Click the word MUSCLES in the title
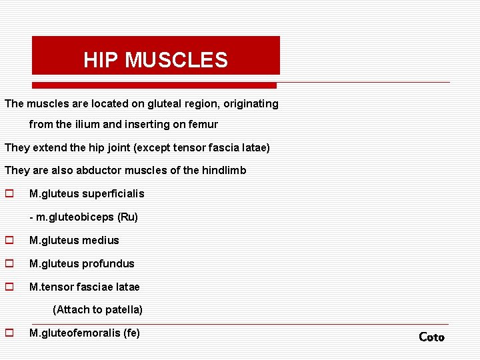pos(176,61)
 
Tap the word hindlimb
pos(224,171)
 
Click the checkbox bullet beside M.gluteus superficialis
pos(9,194)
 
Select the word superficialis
pos(113,194)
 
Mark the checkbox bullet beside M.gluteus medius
pos(9,241)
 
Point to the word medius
pos(101,241)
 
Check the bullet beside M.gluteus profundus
pos(9,264)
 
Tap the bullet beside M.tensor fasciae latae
pos(9,287)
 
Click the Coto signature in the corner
pos(431,337)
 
